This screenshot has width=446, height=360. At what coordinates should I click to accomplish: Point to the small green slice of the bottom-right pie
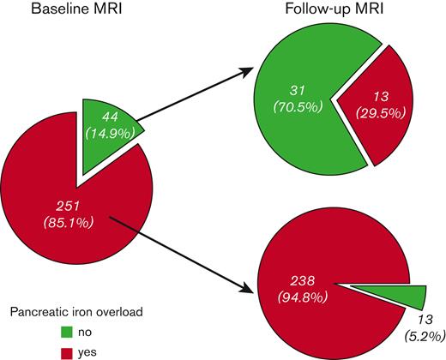coord(412,297)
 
